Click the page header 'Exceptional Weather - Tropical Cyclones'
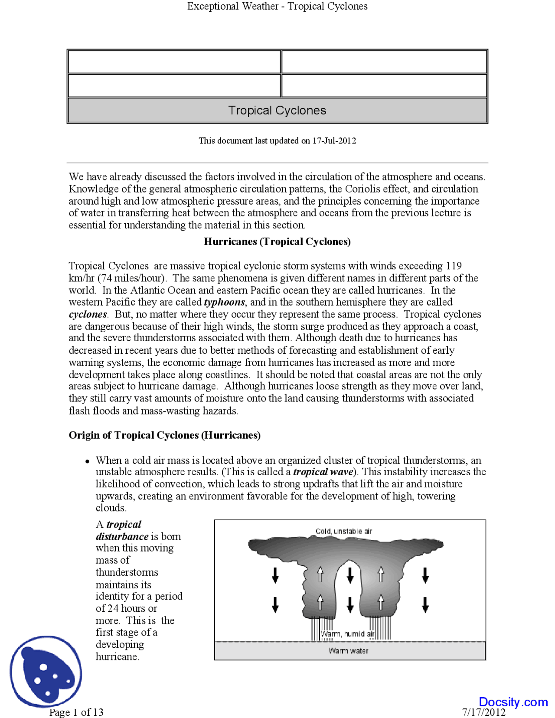tap(277, 6)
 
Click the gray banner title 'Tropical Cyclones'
tap(277, 111)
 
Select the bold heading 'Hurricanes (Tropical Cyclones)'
tap(277, 242)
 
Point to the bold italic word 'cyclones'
tap(88, 314)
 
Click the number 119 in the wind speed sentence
tap(454, 266)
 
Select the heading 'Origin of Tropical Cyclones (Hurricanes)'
tap(164, 435)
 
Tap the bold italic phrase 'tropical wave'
tap(323, 472)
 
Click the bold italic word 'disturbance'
tap(122, 537)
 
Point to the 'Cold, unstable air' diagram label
tap(343, 532)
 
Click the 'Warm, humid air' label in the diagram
tap(347, 634)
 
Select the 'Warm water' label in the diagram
tap(349, 651)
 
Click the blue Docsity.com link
tap(513, 702)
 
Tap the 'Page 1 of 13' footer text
tap(76, 712)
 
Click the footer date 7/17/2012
tap(483, 712)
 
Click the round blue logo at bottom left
tap(46, 672)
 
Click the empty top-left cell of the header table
tap(174, 62)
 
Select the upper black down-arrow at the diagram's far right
tap(425, 575)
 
